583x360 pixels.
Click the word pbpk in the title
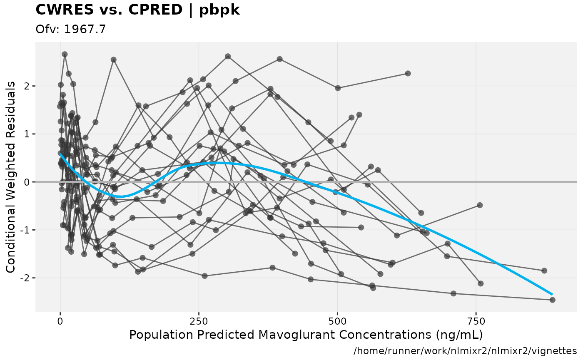tap(219, 10)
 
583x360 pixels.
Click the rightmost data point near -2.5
tap(553, 300)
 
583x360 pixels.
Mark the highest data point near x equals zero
tap(65, 54)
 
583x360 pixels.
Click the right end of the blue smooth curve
tap(552, 294)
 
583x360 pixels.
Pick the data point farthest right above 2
tap(408, 73)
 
